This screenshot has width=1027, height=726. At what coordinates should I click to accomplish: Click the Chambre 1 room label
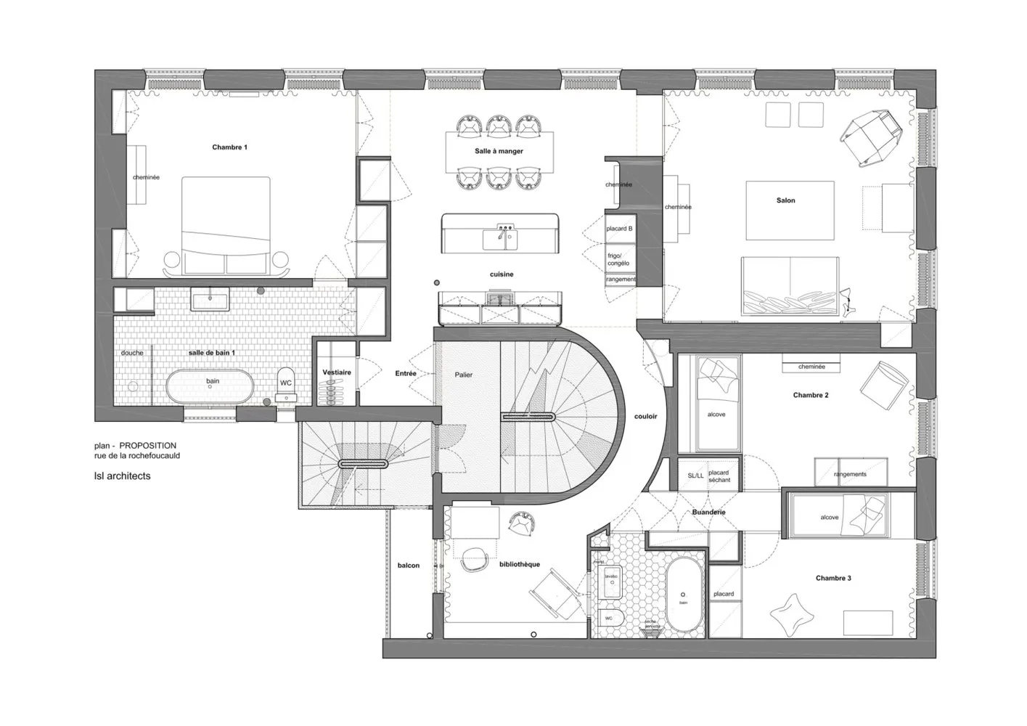coord(229,147)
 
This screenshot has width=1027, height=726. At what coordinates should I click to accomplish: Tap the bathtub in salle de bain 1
coord(211,386)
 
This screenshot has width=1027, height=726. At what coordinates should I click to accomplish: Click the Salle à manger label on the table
coord(499,152)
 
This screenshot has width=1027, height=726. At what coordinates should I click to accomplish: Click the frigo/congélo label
coord(618,259)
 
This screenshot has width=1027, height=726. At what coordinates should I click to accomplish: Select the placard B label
coord(619,229)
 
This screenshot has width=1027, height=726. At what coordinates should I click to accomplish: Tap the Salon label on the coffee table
coord(785,200)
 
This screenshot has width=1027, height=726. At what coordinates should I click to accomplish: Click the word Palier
coord(463,375)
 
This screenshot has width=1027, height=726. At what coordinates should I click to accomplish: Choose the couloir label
coord(645,416)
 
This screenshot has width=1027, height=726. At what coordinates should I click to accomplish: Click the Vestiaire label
coord(337,372)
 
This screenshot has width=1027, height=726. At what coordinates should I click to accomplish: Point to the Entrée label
coord(406,374)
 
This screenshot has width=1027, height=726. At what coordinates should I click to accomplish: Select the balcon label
coord(408,566)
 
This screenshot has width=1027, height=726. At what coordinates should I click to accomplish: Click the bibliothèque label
coord(519,564)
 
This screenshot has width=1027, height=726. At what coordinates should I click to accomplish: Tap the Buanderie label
coord(708,513)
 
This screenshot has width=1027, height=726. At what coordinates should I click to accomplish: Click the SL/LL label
coord(695,476)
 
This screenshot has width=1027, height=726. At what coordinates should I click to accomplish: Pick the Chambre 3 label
coord(833,579)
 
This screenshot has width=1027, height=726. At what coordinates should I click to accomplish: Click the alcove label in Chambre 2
coord(716,415)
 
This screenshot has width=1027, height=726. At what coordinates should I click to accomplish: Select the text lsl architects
coord(123,476)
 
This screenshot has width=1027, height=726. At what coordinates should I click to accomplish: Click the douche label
coord(132,353)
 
